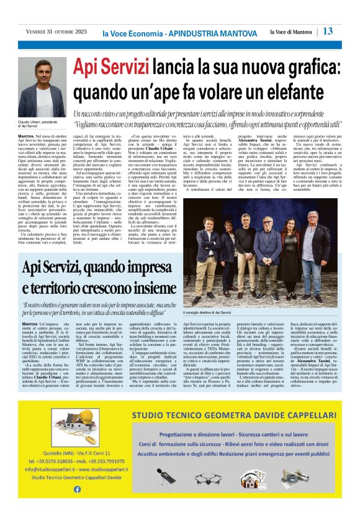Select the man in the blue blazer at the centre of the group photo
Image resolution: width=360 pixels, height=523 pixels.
[268, 239]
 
